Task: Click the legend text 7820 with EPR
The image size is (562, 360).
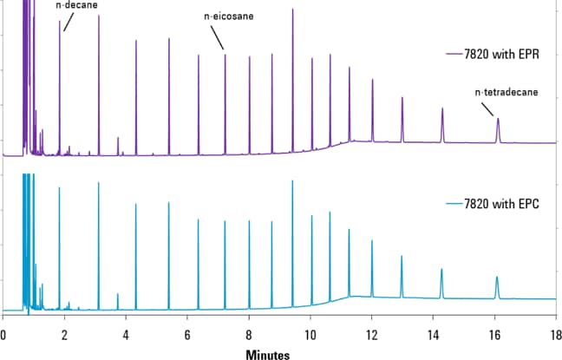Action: (x=502, y=54)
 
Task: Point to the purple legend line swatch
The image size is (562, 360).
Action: (x=453, y=54)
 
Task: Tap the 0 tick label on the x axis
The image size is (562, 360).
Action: (x=3, y=334)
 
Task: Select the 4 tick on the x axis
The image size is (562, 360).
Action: (x=126, y=334)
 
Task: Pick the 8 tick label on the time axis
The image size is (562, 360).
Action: (x=249, y=334)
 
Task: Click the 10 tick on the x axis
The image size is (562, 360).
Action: (x=310, y=334)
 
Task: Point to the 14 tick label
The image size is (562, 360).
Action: (x=433, y=334)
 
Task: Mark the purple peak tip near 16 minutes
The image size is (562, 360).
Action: (x=498, y=119)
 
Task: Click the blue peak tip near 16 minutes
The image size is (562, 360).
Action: (x=497, y=277)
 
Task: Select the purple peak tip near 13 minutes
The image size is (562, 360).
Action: (x=402, y=97)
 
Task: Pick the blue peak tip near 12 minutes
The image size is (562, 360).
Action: (x=372, y=240)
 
